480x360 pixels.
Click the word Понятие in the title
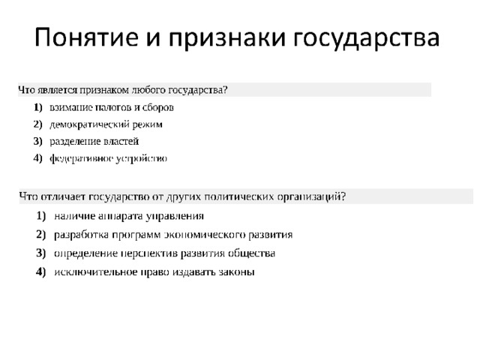(87, 37)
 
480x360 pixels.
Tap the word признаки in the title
(227, 38)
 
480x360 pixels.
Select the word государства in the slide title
(367, 39)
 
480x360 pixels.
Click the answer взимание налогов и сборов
(112, 107)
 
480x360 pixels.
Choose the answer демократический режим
(106, 124)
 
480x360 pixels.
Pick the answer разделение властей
(94, 142)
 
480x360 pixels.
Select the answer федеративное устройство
(108, 158)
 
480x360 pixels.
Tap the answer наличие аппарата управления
(129, 216)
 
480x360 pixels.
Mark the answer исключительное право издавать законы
(154, 272)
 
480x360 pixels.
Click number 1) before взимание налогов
(38, 107)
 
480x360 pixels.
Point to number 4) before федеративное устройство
(38, 158)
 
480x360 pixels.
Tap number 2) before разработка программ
(41, 235)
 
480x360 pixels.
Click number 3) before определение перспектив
(41, 253)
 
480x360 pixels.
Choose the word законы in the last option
(237, 272)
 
